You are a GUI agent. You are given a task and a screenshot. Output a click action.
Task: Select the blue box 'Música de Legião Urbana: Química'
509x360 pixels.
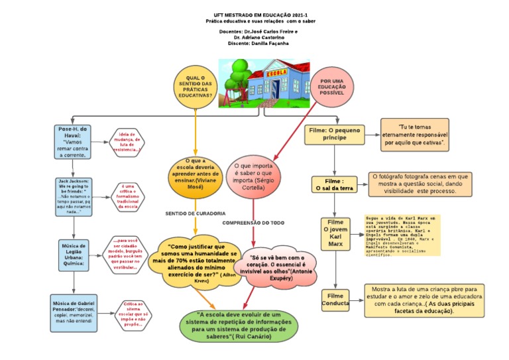(x=73, y=255)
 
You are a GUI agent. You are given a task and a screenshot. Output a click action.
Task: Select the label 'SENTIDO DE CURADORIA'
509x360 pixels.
(x=192, y=213)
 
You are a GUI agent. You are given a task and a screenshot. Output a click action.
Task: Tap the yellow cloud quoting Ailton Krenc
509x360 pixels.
(x=198, y=263)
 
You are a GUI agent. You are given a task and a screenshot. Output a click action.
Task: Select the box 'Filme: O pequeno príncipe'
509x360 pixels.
(x=335, y=135)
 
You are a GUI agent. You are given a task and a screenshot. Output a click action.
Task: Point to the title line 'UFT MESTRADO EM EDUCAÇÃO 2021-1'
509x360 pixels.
(x=256, y=14)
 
